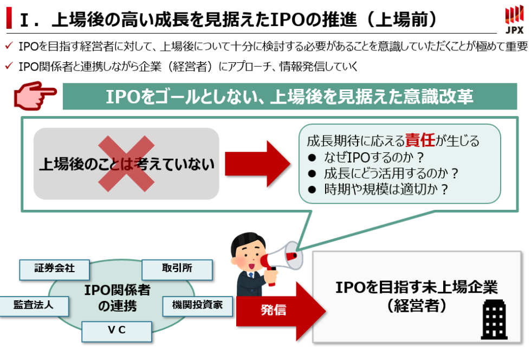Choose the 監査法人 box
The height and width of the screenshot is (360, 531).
34,305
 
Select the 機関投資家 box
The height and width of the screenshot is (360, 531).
197,305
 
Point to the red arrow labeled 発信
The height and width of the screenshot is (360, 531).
282,311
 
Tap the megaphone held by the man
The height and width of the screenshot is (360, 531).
283,257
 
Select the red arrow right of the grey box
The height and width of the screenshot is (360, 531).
258,164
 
